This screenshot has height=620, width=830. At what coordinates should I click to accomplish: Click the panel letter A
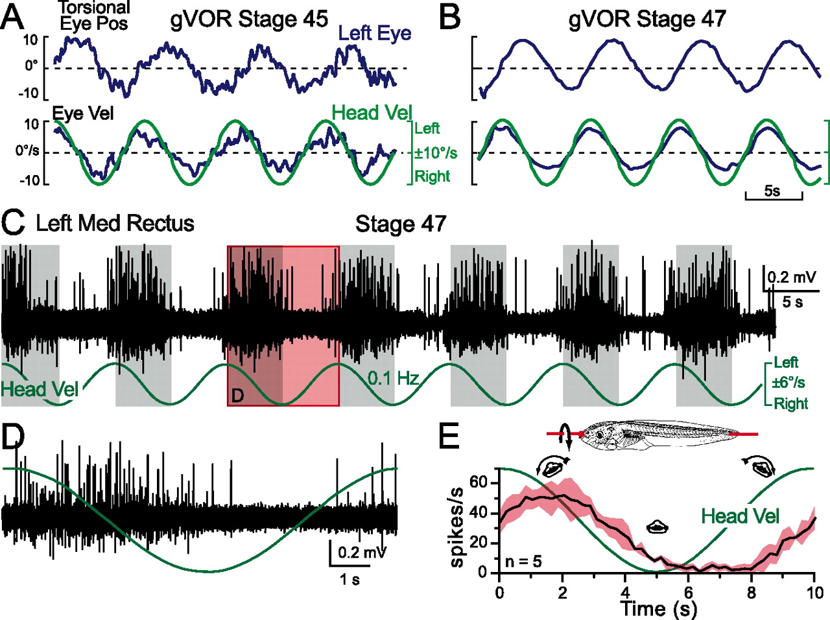pyautogui.click(x=13, y=18)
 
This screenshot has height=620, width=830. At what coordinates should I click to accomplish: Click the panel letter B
pyautogui.click(x=449, y=18)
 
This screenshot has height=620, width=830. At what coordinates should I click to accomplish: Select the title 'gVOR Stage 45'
pyautogui.click(x=249, y=19)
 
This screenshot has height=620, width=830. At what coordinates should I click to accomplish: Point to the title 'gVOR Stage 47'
pyautogui.click(x=647, y=19)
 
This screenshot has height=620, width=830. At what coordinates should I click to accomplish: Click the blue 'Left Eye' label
pyautogui.click(x=375, y=33)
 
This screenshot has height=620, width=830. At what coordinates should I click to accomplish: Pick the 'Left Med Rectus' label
pyautogui.click(x=115, y=223)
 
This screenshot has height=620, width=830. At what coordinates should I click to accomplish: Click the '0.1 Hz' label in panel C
pyautogui.click(x=393, y=378)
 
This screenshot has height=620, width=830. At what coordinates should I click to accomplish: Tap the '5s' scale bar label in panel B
pyautogui.click(x=772, y=191)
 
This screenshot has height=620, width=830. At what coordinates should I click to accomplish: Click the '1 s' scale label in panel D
pyautogui.click(x=350, y=579)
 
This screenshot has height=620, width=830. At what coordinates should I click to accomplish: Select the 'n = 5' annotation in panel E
pyautogui.click(x=523, y=561)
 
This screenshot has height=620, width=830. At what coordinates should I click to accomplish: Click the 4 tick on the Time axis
pyautogui.click(x=625, y=592)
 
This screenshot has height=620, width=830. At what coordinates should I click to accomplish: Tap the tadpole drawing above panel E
pyautogui.click(x=655, y=434)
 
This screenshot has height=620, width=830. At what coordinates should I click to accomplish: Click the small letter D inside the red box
pyautogui.click(x=237, y=395)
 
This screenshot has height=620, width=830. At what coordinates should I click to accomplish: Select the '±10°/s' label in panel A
pyautogui.click(x=436, y=153)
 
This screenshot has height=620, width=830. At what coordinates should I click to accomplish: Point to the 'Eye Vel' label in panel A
pyautogui.click(x=83, y=113)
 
